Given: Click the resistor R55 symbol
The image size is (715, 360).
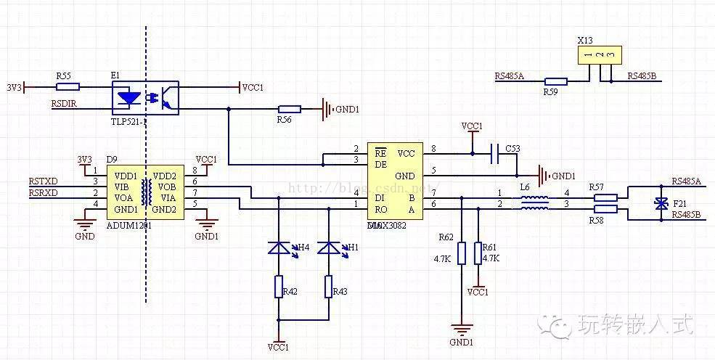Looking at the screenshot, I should click(x=68, y=86).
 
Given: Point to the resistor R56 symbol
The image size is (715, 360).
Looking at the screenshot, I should click(x=290, y=110).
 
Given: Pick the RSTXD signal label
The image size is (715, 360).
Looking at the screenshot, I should click(x=44, y=181).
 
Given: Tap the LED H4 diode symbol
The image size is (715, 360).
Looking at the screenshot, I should click(x=278, y=248).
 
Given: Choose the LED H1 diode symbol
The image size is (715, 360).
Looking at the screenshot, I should click(x=329, y=248).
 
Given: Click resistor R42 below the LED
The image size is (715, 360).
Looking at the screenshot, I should click(x=278, y=287).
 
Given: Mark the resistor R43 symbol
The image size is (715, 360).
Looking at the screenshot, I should click(x=329, y=287).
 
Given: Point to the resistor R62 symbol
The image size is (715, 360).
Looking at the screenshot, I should click(x=462, y=253).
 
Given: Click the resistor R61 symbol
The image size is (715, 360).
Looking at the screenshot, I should click(x=478, y=253).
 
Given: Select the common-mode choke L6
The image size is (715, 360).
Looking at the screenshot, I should click(x=534, y=202).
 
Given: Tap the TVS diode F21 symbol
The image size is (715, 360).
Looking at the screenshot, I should click(x=661, y=203).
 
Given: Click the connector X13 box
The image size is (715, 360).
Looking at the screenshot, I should click(x=600, y=54).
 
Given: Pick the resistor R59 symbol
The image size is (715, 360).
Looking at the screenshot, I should click(x=555, y=81).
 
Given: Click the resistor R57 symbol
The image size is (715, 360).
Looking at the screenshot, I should click(x=606, y=197).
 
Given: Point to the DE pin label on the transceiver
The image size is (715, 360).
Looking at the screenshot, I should click(x=380, y=165).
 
